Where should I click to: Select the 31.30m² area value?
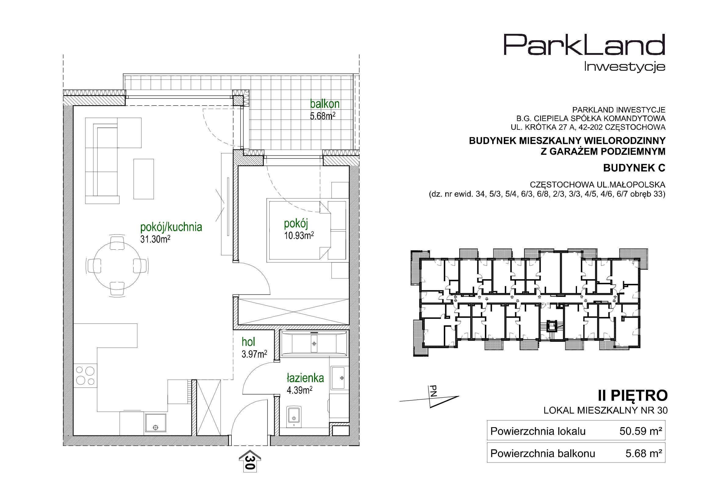pyautogui.click(x=155, y=239)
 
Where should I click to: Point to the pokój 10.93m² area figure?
pyautogui.click(x=299, y=236)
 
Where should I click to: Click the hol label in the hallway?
pyautogui.click(x=249, y=342)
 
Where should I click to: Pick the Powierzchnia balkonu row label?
pyautogui.click(x=543, y=453)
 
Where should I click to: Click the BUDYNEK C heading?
pyautogui.click(x=634, y=168)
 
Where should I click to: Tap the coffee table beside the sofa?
pyautogui.click(x=143, y=179)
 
